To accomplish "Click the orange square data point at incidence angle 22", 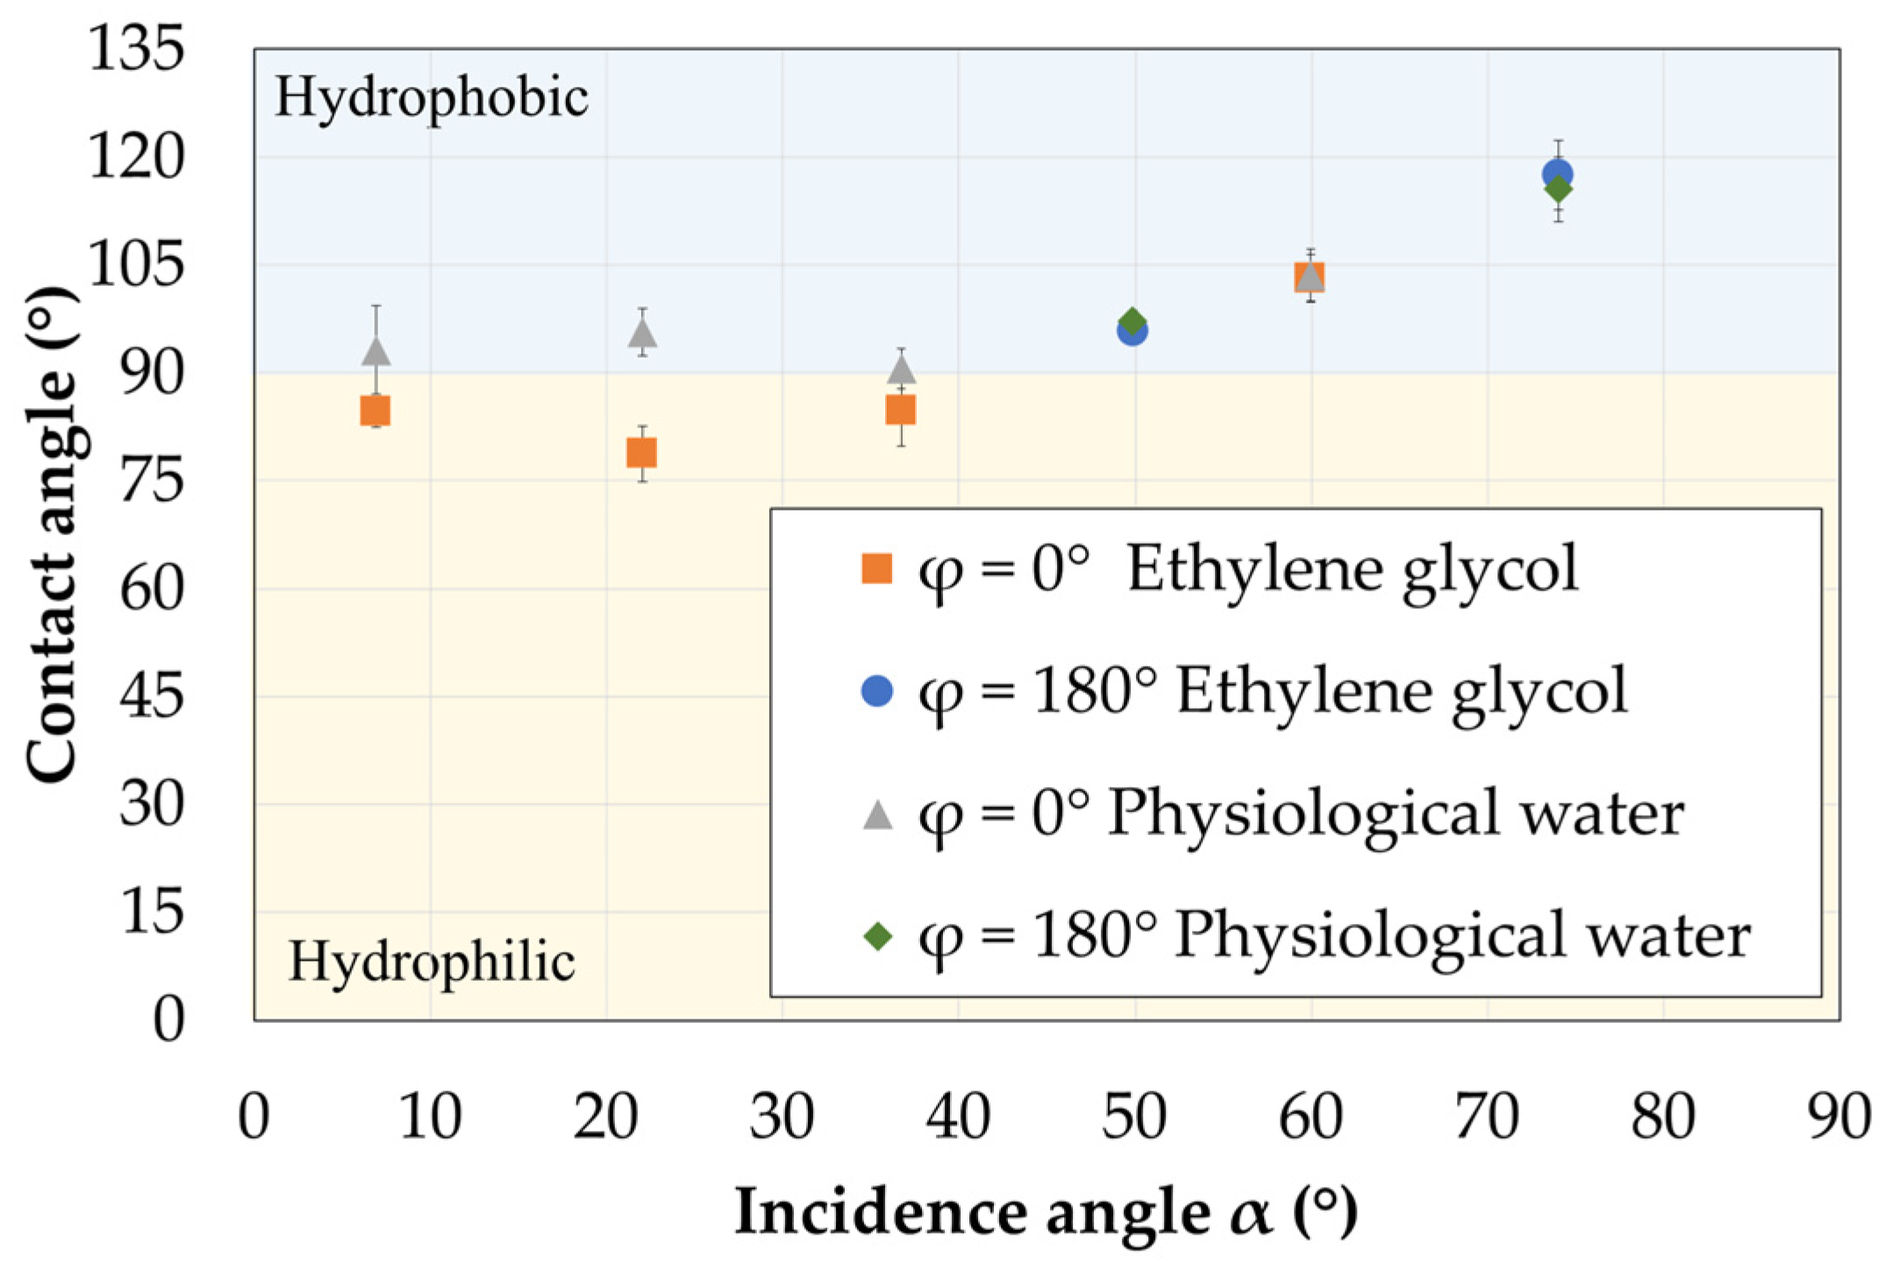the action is tap(641, 453).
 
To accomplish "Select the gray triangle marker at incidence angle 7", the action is tap(376, 352).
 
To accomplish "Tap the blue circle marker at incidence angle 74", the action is tap(1557, 174).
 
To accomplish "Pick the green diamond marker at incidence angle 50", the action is tap(1132, 321).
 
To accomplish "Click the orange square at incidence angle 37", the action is tap(901, 410).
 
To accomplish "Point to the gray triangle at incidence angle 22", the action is tap(642, 333).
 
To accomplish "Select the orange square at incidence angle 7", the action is tap(375, 411).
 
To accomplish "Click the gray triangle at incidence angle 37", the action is tap(901, 369).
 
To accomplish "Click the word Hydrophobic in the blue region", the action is tap(432, 97).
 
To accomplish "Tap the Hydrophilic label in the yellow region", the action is tap(432, 962).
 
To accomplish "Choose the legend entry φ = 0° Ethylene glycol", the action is tap(1219, 570).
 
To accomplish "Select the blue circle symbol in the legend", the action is tap(877, 691).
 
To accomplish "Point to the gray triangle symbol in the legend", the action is tap(877, 814).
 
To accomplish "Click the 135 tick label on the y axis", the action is tap(137, 47).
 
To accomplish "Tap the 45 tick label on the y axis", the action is tap(152, 697).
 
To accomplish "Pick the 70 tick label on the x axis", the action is tap(1487, 1117).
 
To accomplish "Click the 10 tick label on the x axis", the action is tap(430, 1117).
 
